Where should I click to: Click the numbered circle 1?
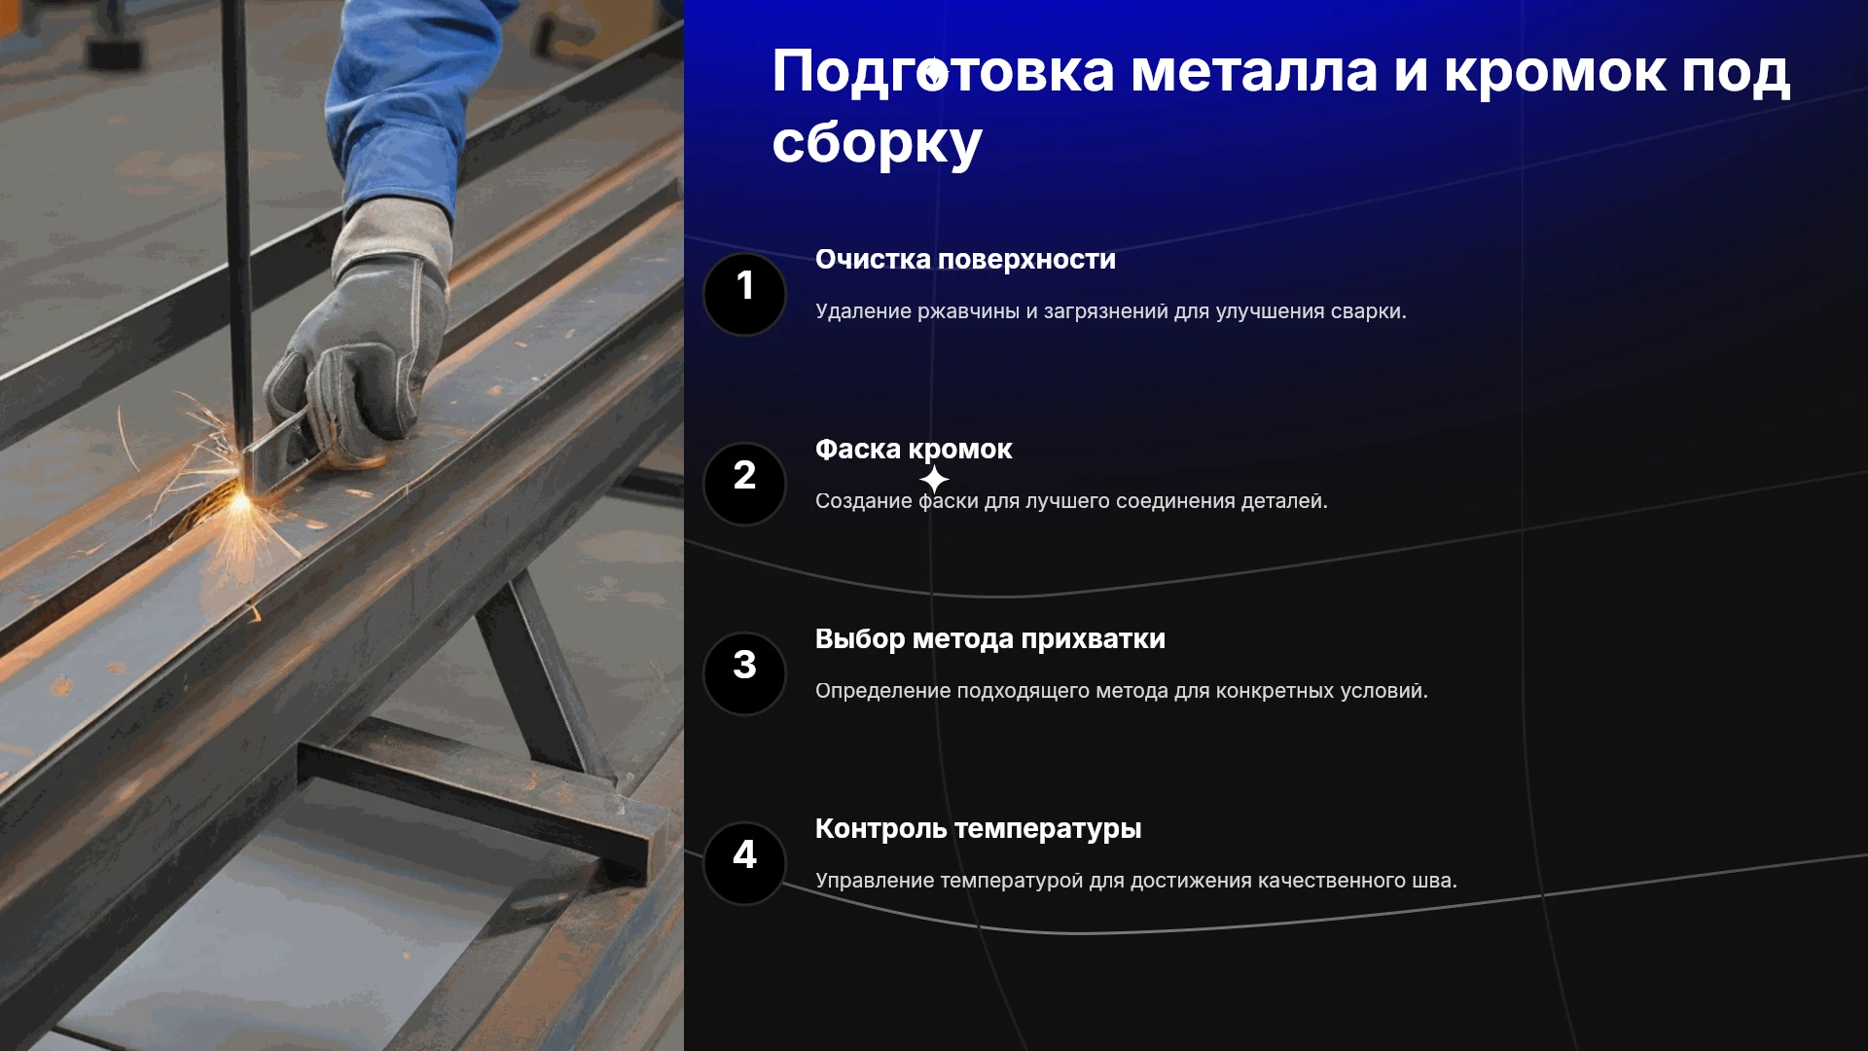(744, 294)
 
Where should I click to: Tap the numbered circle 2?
(744, 484)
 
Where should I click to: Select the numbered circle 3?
(744, 673)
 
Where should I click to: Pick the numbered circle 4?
(744, 863)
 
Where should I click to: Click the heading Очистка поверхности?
(965, 260)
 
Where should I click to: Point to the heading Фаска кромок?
(914, 450)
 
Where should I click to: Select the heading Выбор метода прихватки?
(989, 639)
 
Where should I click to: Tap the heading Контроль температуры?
(978, 829)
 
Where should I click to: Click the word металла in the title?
(1254, 72)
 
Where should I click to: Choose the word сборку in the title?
(877, 144)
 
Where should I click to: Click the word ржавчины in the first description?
(968, 312)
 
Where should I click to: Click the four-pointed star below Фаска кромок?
(934, 480)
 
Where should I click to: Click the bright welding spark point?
(239, 502)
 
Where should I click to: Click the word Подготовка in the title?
(943, 74)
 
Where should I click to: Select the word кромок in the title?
(1556, 72)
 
